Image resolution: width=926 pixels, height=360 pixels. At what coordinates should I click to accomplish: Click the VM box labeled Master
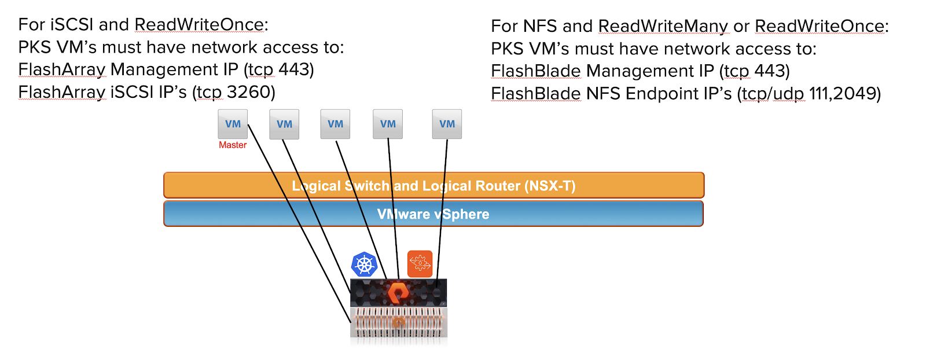(x=233, y=124)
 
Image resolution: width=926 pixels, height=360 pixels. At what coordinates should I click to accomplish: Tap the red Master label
(x=233, y=145)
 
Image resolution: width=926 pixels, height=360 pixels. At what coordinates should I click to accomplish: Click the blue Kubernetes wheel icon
(x=364, y=265)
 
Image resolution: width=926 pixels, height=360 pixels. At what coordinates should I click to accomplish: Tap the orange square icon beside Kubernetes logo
(x=420, y=264)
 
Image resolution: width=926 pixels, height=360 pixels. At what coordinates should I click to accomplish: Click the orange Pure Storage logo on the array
(x=398, y=293)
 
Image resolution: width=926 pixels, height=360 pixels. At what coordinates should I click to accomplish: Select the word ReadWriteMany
(x=663, y=26)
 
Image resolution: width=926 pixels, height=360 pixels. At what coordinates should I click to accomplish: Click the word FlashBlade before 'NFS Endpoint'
(x=535, y=93)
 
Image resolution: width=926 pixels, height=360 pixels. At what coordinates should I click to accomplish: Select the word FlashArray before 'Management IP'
(x=62, y=69)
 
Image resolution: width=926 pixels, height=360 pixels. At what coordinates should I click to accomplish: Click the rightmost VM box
(x=447, y=124)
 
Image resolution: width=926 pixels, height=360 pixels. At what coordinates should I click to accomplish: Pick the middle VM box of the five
(x=335, y=124)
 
